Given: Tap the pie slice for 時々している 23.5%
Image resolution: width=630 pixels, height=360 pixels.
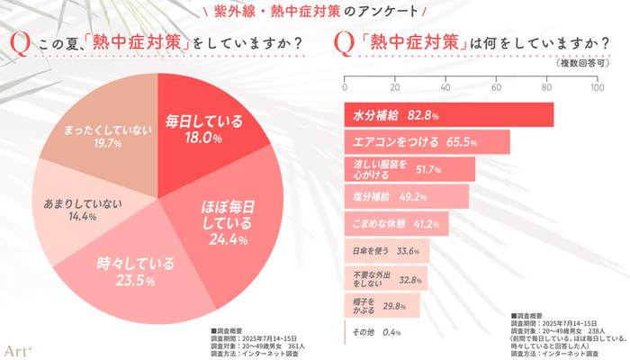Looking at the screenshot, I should [x=135, y=270].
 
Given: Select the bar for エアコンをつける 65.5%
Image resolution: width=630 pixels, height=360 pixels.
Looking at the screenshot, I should [x=427, y=142].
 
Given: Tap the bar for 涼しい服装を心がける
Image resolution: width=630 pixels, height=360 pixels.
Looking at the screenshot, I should [x=409, y=169].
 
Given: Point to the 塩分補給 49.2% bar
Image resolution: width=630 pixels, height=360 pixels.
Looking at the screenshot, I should [x=406, y=196].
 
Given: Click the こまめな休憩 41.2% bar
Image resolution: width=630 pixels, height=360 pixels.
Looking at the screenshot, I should [x=396, y=223].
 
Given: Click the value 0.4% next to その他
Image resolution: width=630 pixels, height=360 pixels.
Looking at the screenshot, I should [x=391, y=333].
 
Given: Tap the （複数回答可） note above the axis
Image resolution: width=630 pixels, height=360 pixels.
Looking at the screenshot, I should [x=572, y=65].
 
